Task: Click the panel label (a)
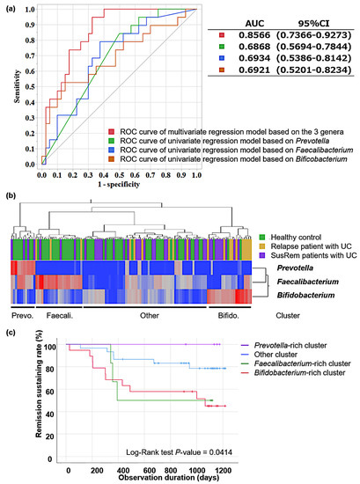point(11,8)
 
